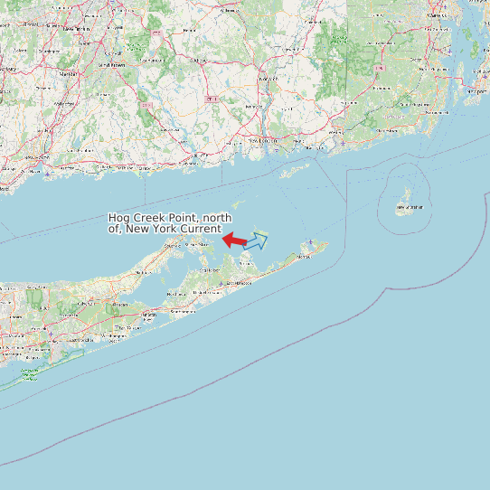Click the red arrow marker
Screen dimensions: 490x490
pos(234,240)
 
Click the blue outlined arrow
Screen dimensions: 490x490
pos(256,240)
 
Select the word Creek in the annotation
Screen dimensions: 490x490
pos(148,218)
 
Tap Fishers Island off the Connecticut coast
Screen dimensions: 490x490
pos(295,170)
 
